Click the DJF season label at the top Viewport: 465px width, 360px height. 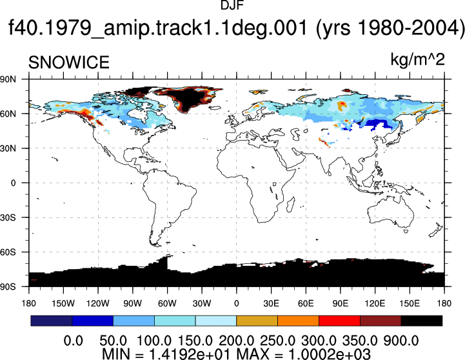point(232,5)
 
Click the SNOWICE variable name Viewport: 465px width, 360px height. point(69,63)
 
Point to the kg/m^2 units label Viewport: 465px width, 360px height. point(417,60)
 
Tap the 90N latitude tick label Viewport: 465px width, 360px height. point(8,79)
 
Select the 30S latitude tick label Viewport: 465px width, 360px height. point(8,217)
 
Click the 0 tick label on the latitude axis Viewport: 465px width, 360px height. point(13,183)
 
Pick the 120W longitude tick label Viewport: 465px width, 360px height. point(98,303)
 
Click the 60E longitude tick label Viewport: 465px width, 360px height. point(306,303)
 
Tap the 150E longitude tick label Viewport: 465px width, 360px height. point(410,303)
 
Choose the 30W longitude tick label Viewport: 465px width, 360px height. point(202,303)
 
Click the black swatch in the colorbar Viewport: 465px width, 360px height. point(421,321)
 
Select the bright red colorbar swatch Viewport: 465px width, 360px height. point(339,321)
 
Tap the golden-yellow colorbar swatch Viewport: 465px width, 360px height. point(257,321)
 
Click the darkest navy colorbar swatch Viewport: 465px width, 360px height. point(52,321)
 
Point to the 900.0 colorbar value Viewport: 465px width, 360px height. point(401,341)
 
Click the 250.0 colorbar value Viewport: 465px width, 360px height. point(277,341)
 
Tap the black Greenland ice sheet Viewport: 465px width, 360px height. point(188,97)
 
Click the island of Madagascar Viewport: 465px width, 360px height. point(291,205)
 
